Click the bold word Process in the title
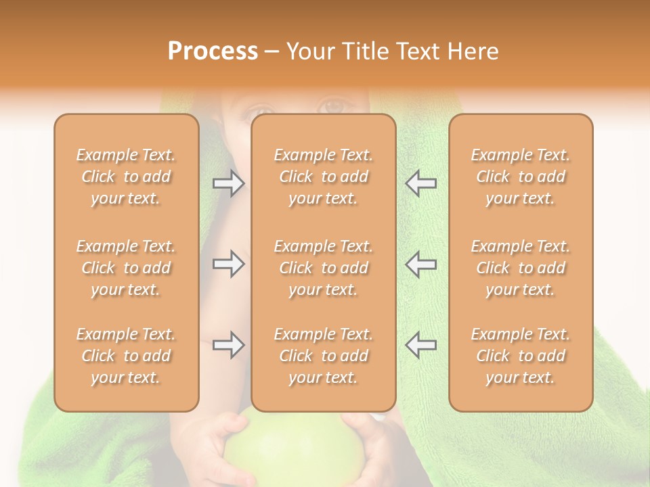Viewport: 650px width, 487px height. pos(213,51)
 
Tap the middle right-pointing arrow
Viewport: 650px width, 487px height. pos(228,264)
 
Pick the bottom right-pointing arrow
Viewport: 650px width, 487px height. pos(228,345)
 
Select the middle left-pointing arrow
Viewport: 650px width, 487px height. pos(420,264)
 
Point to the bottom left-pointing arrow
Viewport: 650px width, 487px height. pos(420,345)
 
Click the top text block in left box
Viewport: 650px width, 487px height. pos(126,177)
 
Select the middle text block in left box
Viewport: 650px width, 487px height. pos(126,268)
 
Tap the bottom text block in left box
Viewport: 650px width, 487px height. pos(126,356)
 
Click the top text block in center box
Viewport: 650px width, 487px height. pos(324,177)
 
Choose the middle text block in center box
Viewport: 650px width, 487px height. pos(324,268)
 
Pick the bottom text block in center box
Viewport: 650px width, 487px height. pos(324,356)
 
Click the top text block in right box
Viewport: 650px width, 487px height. pos(521,177)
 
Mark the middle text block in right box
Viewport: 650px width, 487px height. pos(521,268)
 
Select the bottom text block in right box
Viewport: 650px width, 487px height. pos(521,356)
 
